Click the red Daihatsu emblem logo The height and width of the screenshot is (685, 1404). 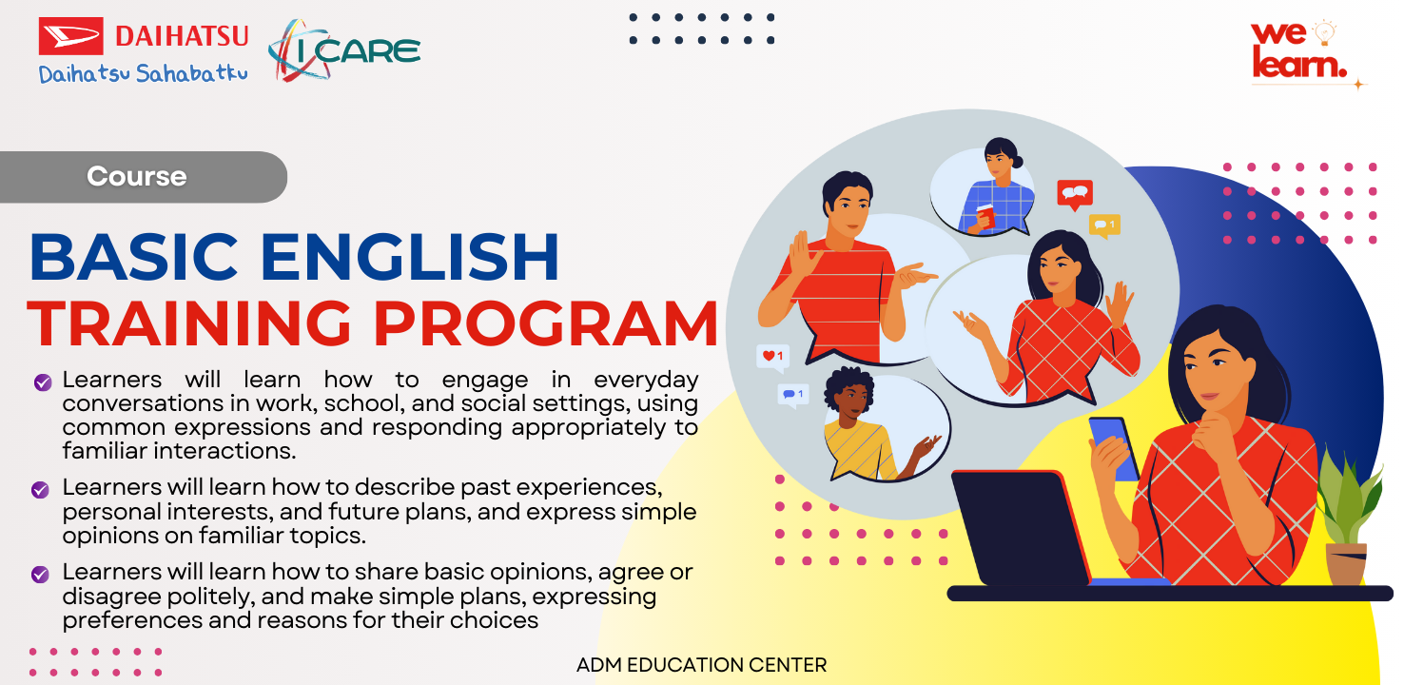click(71, 36)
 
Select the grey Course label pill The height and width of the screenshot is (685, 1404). click(143, 177)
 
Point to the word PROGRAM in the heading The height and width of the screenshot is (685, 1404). click(557, 324)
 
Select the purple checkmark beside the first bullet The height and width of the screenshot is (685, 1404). click(42, 382)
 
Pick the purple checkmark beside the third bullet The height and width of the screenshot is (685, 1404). click(40, 575)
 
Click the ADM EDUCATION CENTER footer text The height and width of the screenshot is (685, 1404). click(701, 665)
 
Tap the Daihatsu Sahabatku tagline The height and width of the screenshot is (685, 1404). click(143, 74)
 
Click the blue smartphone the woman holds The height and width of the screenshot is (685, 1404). click(1113, 447)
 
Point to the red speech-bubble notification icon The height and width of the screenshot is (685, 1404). click(1075, 194)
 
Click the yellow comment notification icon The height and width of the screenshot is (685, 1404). click(1103, 225)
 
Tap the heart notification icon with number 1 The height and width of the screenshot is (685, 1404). click(771, 357)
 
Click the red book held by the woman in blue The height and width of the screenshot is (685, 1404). click(985, 216)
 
